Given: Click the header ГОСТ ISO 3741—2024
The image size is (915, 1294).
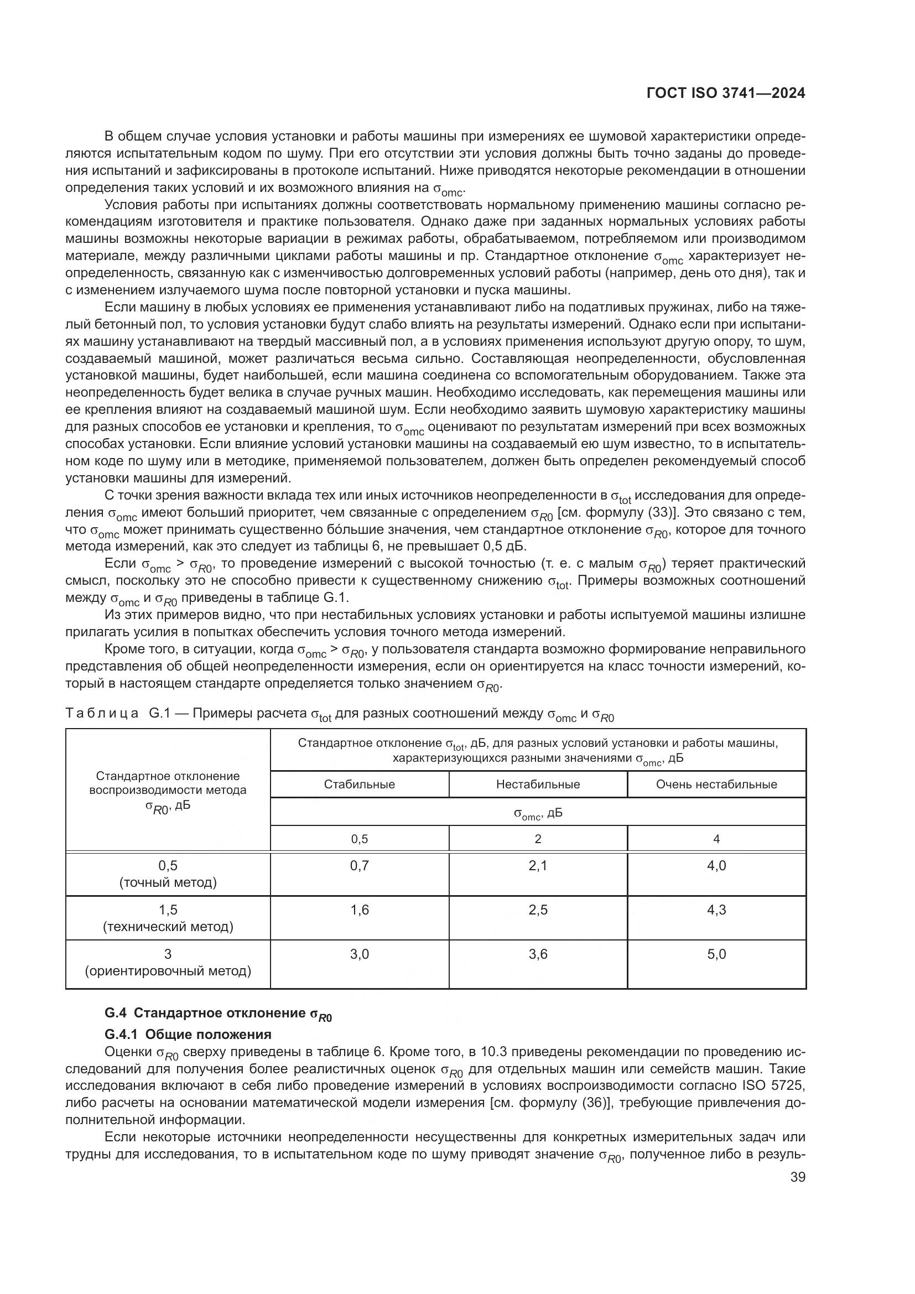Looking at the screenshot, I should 726,93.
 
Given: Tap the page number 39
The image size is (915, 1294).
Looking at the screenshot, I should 797,1177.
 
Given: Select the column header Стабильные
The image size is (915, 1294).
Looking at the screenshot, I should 360,784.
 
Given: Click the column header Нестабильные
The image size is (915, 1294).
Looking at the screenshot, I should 538,784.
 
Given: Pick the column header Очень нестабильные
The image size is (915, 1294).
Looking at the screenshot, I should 716,784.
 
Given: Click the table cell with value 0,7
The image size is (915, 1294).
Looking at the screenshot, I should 360,865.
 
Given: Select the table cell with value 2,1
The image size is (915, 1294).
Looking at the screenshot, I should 538,865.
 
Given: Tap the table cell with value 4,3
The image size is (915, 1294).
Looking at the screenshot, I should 716,910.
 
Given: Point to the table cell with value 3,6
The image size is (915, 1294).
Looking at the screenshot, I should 538,954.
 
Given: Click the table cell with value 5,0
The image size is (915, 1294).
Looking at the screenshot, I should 716,954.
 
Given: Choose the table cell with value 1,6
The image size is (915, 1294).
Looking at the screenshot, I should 360,910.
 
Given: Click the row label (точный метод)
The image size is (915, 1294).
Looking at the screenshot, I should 168,882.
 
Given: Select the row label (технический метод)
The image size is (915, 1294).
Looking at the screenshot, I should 168,927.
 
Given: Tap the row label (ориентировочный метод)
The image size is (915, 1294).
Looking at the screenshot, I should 168,971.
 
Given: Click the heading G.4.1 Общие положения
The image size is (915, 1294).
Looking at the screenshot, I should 188,1034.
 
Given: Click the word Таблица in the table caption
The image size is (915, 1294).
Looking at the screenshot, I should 102,714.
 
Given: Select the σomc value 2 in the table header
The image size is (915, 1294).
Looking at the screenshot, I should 538,839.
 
